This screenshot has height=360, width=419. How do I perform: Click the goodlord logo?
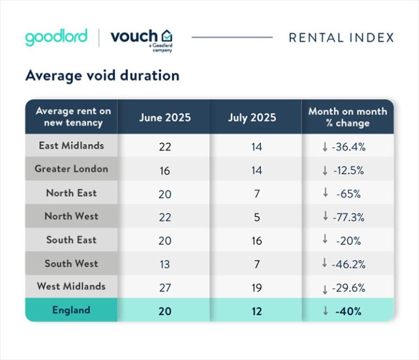(56, 38)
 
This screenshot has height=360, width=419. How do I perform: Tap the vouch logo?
(142, 38)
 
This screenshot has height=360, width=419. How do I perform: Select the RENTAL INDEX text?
(341, 38)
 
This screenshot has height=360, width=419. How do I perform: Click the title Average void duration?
(102, 76)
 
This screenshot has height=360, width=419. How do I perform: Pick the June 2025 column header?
(165, 117)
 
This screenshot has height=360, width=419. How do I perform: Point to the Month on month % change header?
(347, 117)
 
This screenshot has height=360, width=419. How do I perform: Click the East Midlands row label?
(71, 146)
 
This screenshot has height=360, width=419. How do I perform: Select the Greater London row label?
(71, 169)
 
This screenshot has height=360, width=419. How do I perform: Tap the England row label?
(71, 311)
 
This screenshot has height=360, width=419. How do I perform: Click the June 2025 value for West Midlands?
(165, 287)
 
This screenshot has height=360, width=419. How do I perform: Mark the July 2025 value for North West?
(256, 217)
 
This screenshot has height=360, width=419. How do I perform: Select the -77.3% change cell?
(347, 217)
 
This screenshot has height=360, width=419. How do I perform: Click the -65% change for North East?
(347, 193)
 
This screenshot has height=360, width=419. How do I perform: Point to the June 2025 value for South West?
(165, 264)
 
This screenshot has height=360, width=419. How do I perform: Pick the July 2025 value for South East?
(256, 240)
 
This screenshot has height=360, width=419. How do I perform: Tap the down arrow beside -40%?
(325, 311)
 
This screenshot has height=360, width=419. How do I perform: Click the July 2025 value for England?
(256, 311)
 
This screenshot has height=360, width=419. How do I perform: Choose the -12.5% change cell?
(347, 170)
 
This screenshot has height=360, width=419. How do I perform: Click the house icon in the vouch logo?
(167, 36)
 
